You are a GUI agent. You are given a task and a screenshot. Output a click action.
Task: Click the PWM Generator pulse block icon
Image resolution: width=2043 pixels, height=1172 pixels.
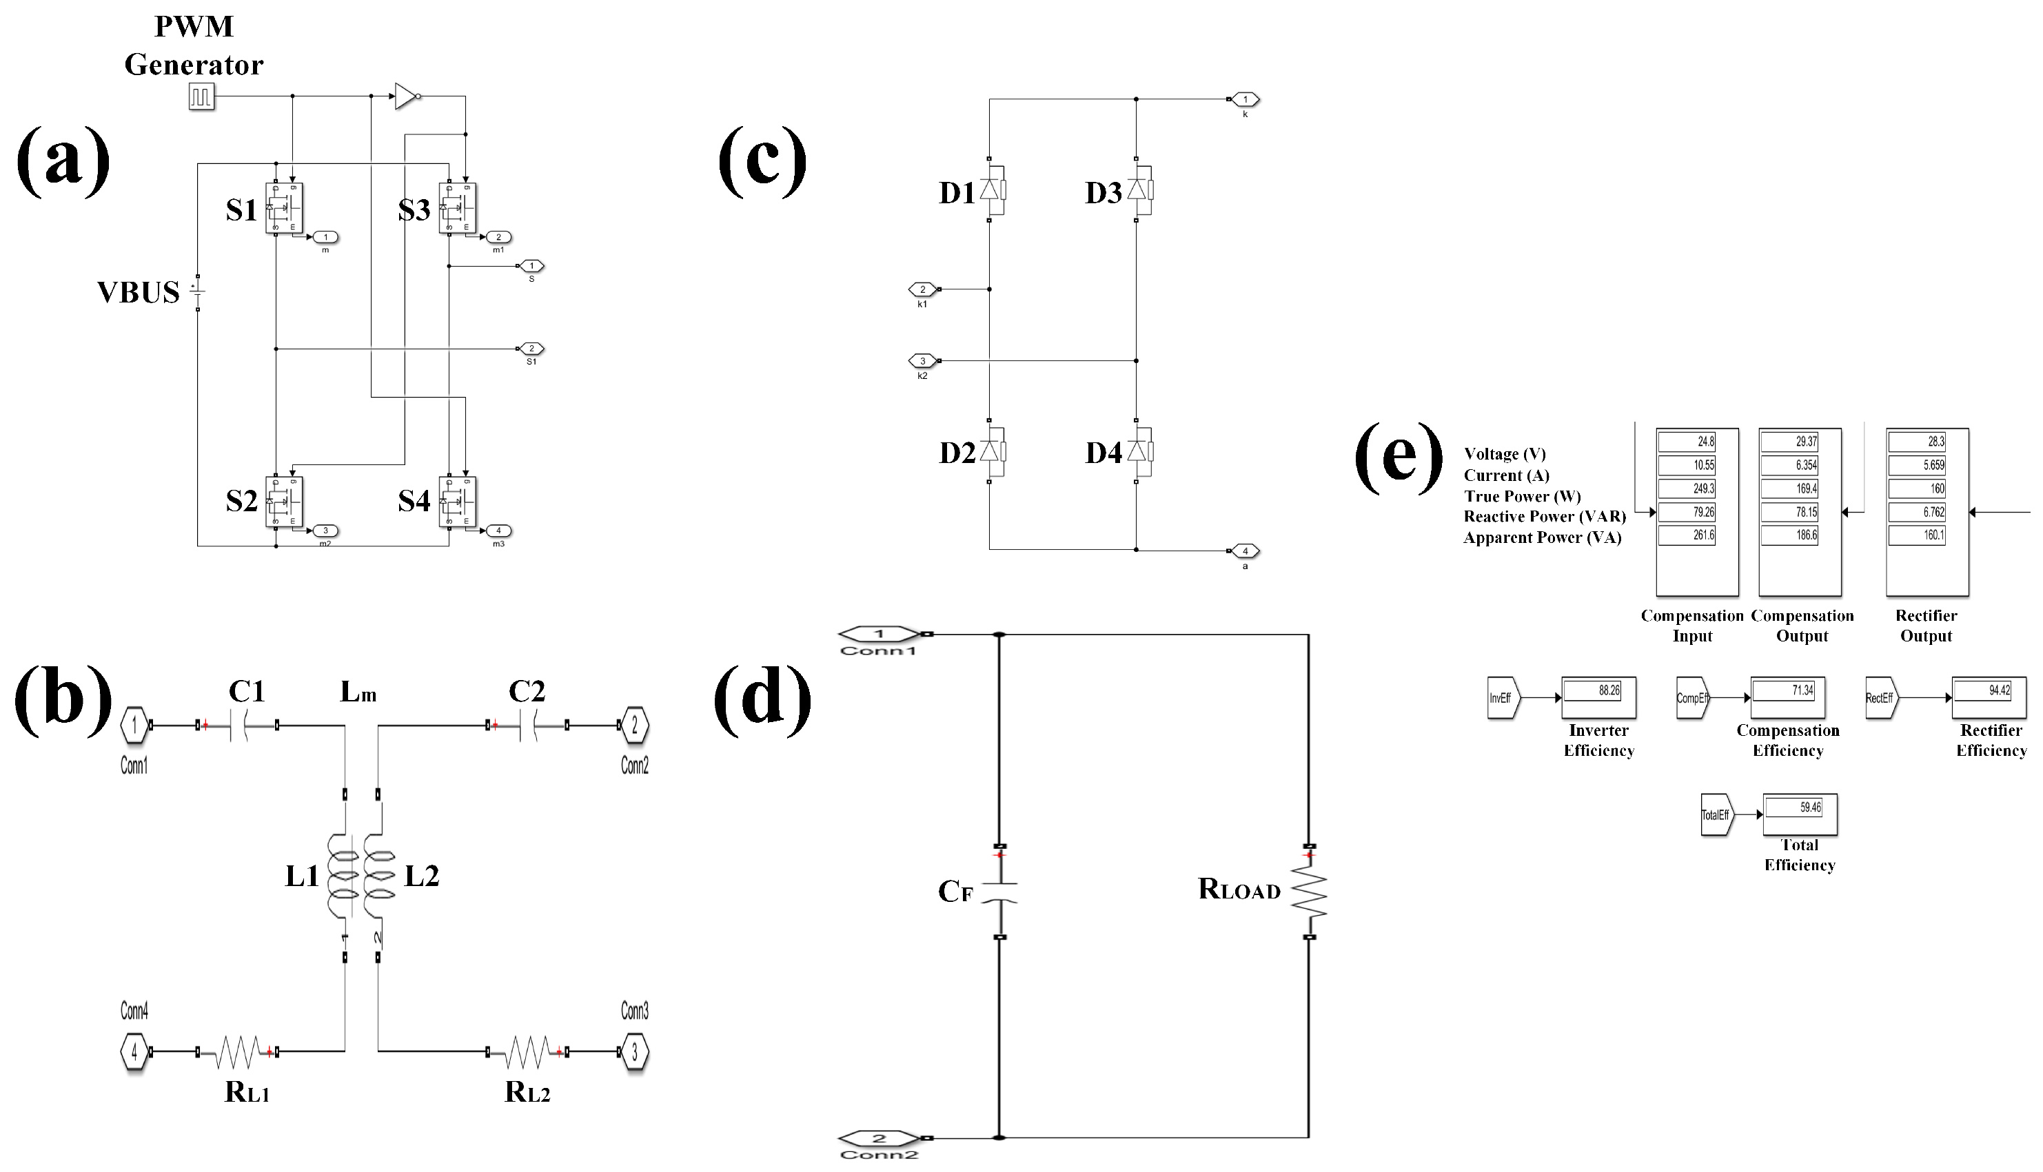(x=201, y=96)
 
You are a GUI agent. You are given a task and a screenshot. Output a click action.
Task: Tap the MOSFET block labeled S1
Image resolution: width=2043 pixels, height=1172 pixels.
(x=284, y=209)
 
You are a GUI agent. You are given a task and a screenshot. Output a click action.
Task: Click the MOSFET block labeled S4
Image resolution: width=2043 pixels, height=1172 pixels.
(x=458, y=502)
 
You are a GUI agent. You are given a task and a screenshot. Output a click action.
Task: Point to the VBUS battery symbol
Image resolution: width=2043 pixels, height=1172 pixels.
(x=198, y=292)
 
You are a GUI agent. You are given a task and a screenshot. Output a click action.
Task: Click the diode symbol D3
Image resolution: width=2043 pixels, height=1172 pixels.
(x=1137, y=191)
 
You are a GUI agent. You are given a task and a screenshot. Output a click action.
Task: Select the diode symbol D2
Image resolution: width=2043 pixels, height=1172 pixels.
(x=990, y=451)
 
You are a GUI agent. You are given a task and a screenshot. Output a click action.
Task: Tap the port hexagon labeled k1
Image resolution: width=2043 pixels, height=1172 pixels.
(x=922, y=289)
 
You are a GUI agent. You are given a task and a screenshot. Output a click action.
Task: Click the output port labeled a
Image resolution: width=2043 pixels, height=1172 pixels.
(x=1245, y=551)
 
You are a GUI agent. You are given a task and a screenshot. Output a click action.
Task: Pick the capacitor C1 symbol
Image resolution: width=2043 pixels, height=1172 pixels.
(x=238, y=726)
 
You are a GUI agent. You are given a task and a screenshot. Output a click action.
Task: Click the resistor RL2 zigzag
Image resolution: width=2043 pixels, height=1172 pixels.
(x=527, y=1051)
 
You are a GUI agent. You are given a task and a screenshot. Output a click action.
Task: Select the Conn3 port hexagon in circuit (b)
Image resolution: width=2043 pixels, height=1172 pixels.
(x=635, y=1052)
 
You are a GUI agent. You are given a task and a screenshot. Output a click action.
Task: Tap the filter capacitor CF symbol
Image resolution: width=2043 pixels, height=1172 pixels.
(x=999, y=892)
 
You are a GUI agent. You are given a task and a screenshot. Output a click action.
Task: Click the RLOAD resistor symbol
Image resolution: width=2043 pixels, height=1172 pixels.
(x=1309, y=891)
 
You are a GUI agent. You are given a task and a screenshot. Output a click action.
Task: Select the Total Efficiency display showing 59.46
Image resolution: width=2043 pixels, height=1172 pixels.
(x=1800, y=814)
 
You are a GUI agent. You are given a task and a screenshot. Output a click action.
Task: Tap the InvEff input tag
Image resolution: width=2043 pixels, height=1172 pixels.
(x=1502, y=698)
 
